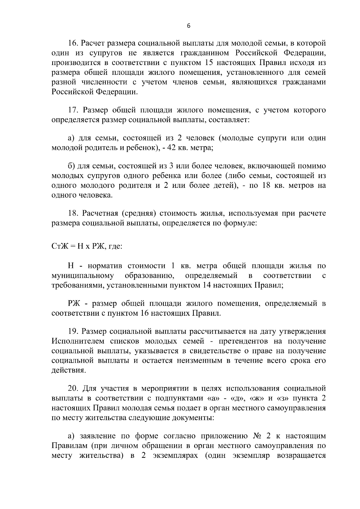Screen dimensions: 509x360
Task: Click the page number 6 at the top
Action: [188, 26]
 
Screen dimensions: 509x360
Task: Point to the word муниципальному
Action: [83, 276]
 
